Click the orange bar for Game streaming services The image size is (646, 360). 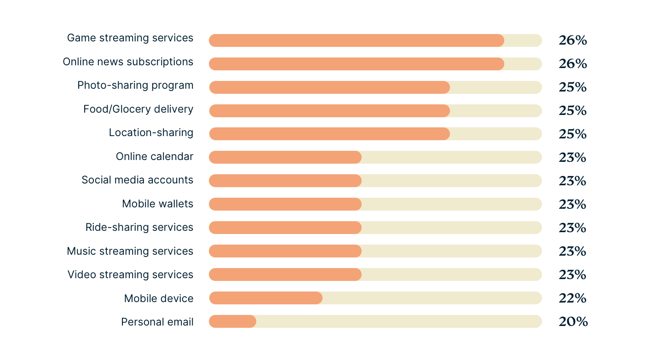click(x=356, y=40)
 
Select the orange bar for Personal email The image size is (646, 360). click(x=232, y=321)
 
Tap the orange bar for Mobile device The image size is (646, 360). click(x=265, y=298)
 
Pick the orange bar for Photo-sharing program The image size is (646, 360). click(x=329, y=87)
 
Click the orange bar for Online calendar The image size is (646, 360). click(x=285, y=157)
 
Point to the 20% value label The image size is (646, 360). click(x=573, y=322)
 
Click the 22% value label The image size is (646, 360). click(x=572, y=298)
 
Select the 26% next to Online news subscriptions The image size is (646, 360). click(x=572, y=64)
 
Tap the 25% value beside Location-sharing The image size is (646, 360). click(x=572, y=134)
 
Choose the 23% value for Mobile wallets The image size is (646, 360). click(x=572, y=204)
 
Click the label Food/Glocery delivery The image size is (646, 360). click(x=138, y=109)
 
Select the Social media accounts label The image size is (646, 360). click(x=137, y=180)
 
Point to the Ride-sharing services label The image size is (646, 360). click(x=139, y=227)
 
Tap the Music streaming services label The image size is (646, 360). click(x=130, y=251)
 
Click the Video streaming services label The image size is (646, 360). click(x=130, y=274)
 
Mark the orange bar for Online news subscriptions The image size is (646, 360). click(x=356, y=64)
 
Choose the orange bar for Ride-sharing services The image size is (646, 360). click(x=285, y=228)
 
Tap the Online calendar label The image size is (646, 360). click(x=154, y=156)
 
